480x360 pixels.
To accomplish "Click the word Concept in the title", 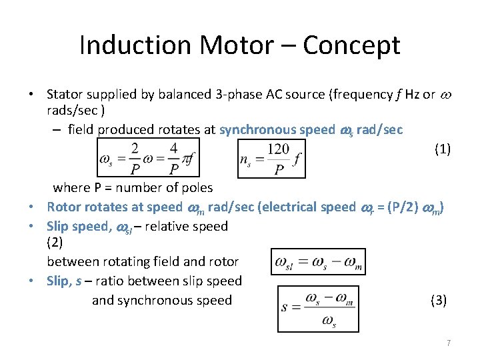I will [x=351, y=45].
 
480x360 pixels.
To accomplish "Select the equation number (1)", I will [x=442, y=149].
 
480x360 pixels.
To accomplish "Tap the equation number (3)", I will [x=439, y=301].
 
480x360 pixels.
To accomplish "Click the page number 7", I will [x=449, y=343].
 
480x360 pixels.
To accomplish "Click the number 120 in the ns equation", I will [x=277, y=149].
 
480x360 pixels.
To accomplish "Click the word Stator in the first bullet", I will [x=66, y=94].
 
